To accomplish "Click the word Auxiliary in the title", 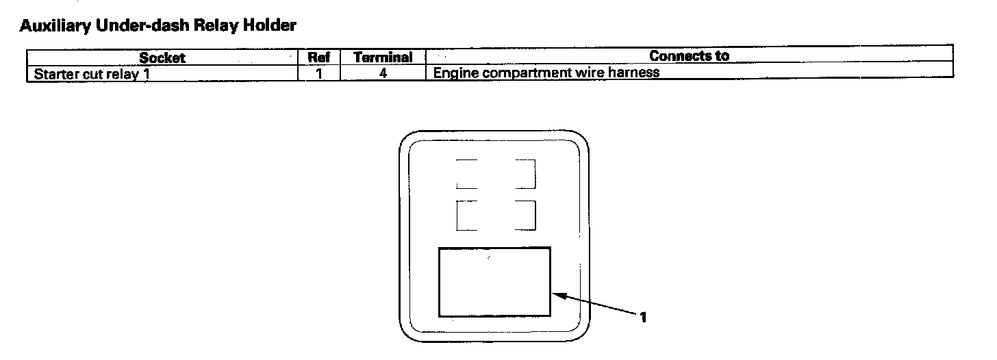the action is [x=51, y=27].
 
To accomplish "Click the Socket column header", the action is [x=162, y=57].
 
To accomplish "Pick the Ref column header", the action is [x=319, y=57].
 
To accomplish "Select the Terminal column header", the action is [x=383, y=57].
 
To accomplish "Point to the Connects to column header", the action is [x=689, y=56].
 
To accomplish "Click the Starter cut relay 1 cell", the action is [x=92, y=73].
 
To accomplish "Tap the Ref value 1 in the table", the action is [x=319, y=73].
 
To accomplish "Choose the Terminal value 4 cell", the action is [x=383, y=73].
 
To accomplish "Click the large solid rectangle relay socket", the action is [x=494, y=282].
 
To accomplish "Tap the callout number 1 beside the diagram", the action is [x=643, y=317].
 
